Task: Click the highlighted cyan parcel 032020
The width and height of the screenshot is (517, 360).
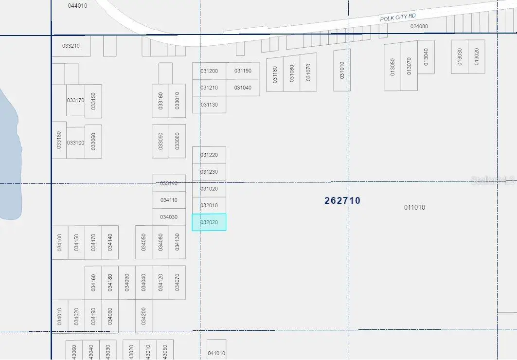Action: click(x=209, y=222)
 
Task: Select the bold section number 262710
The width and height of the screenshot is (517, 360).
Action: click(x=342, y=200)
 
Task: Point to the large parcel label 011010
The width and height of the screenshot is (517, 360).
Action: click(x=414, y=207)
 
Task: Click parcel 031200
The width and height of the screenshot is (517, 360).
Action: click(x=209, y=71)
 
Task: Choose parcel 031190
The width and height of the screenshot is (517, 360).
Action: click(x=243, y=71)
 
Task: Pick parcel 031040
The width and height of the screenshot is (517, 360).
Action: click(x=243, y=88)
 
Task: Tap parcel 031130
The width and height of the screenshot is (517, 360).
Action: click(x=209, y=105)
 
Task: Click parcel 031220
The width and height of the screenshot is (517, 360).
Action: click(x=209, y=155)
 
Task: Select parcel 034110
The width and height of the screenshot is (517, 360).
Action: click(x=169, y=200)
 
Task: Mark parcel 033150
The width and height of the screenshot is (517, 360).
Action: click(x=93, y=101)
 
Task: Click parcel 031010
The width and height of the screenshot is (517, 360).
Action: click(x=341, y=70)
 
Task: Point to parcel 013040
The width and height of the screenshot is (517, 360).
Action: click(x=426, y=57)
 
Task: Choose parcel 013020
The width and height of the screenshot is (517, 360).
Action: click(x=476, y=57)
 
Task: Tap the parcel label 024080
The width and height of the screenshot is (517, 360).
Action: click(x=419, y=26)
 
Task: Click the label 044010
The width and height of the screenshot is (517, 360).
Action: click(x=78, y=6)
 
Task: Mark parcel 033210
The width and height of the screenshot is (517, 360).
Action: click(x=71, y=46)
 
